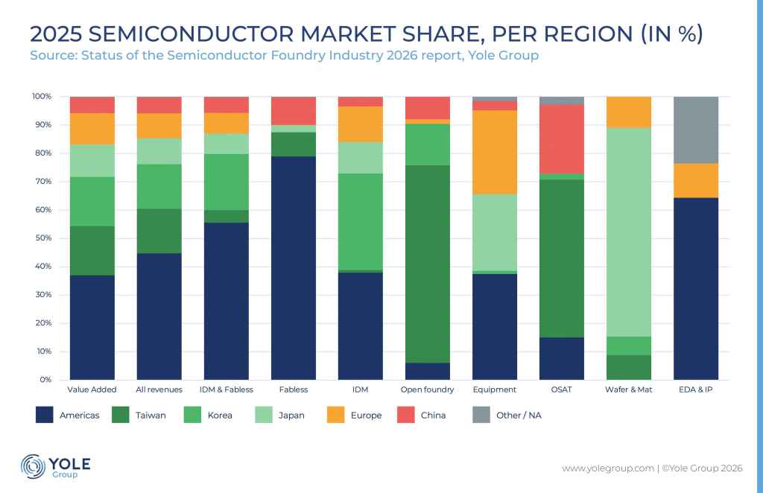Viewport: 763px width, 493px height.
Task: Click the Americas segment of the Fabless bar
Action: (294, 268)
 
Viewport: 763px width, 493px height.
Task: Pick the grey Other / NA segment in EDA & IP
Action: (696, 130)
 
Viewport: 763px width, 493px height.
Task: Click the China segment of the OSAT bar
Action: (562, 139)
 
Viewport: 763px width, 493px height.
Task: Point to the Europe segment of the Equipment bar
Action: (495, 152)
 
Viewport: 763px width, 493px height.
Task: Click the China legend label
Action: (433, 415)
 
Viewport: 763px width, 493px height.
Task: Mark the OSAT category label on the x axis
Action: (562, 389)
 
